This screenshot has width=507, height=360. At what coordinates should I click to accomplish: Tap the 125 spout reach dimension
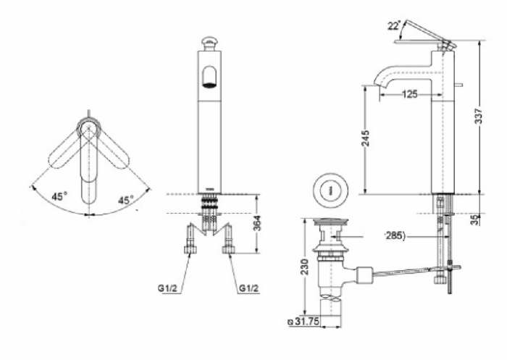point(410,94)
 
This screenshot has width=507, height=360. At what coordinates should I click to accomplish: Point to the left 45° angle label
point(58,197)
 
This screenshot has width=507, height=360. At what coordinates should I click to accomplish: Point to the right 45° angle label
point(126,200)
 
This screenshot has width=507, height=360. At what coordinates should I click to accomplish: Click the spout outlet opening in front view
point(209,76)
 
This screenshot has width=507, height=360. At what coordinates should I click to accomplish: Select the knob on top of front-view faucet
point(209,41)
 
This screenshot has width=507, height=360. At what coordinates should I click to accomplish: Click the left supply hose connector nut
point(190,250)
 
